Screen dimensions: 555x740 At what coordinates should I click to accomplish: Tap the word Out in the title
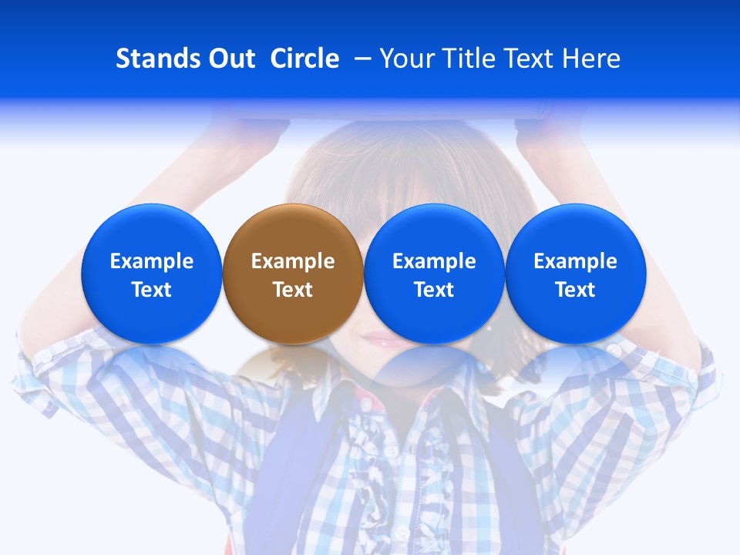pos(230,59)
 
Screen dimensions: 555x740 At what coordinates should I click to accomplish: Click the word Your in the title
pos(406,59)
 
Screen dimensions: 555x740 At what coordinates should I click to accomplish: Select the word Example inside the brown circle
pos(292,261)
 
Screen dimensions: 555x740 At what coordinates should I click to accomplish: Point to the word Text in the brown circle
pos(292,290)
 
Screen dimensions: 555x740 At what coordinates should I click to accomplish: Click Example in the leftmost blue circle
pos(151,261)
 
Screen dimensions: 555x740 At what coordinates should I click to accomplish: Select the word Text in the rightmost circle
pos(575,290)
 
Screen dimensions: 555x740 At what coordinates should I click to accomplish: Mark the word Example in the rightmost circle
pos(575,261)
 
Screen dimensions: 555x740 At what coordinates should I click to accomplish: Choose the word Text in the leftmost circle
pos(151,290)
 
